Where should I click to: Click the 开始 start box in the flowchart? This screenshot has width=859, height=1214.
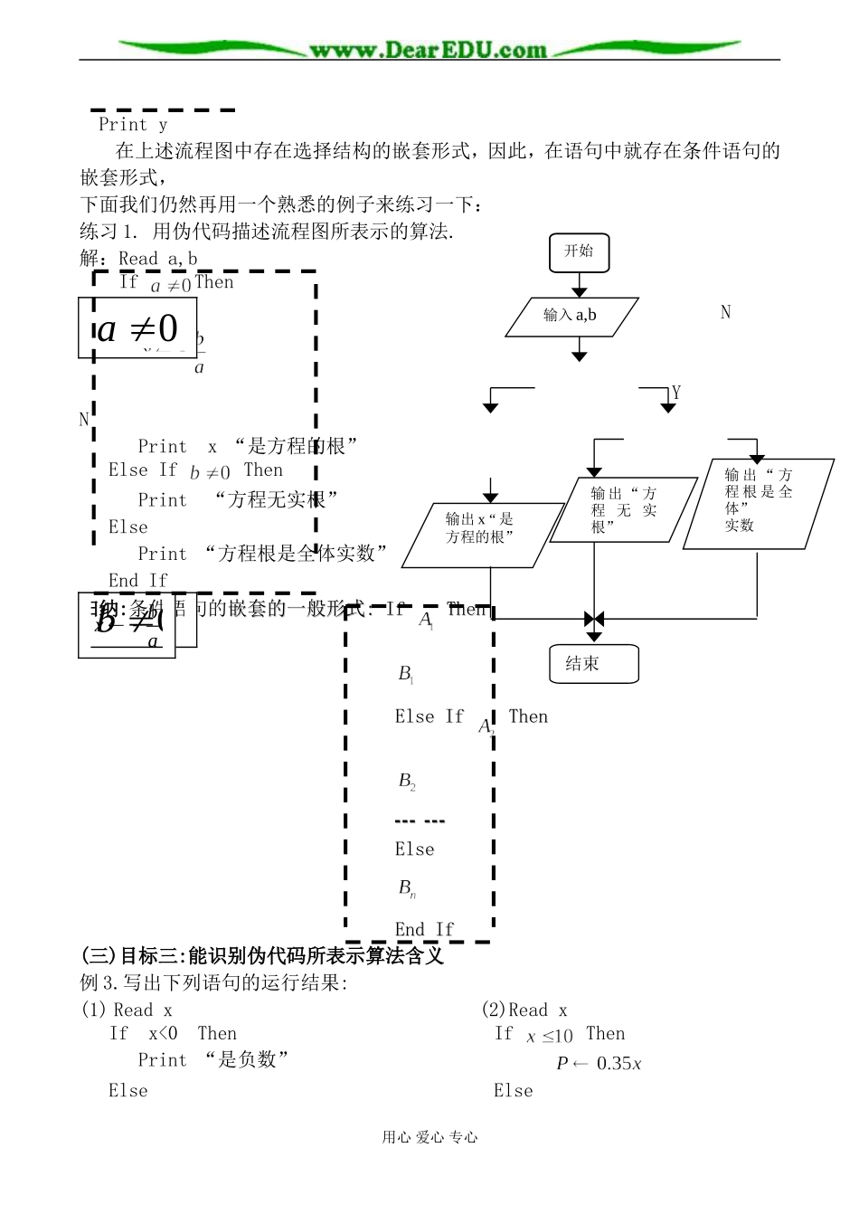point(579,252)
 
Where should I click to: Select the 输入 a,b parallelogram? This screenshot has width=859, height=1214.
point(571,316)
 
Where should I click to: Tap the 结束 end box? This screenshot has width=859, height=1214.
point(593,664)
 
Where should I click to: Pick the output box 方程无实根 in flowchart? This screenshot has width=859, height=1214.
point(623,510)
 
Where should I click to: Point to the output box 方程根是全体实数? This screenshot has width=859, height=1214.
point(758,503)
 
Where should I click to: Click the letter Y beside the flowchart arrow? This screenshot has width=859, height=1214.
point(676,393)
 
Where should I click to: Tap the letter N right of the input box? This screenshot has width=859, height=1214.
point(725,312)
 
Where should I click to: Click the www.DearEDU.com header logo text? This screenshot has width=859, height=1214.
point(429,50)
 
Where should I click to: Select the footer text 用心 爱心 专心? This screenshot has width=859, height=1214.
point(429,1137)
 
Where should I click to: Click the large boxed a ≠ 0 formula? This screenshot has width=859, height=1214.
point(137,328)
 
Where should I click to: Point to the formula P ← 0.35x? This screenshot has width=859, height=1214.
point(599,1064)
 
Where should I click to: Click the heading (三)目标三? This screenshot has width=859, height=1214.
point(262,955)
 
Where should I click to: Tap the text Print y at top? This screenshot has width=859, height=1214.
point(133,125)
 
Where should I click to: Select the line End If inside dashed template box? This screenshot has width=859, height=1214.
point(423,929)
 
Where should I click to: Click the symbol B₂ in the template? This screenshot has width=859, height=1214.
point(407,781)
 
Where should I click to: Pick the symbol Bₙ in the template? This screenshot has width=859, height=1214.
point(407,887)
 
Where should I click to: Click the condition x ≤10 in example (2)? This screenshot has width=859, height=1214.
point(549,1036)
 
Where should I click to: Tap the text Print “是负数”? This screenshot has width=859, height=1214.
point(213,1059)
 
